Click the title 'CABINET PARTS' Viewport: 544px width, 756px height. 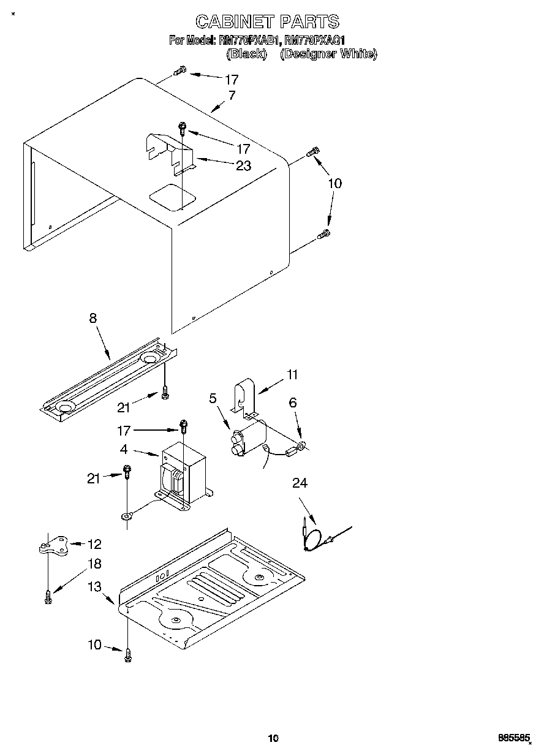click(x=267, y=22)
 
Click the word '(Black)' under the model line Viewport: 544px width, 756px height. click(x=246, y=54)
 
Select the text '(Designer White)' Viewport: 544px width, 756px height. click(x=328, y=54)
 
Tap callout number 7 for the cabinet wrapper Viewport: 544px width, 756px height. click(x=232, y=95)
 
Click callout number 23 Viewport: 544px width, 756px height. click(x=243, y=166)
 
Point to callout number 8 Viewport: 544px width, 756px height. click(x=93, y=318)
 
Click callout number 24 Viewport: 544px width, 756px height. click(x=300, y=483)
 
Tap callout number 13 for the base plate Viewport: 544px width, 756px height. click(x=94, y=586)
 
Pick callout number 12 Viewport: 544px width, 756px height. click(x=94, y=544)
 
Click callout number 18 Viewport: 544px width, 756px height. click(x=94, y=564)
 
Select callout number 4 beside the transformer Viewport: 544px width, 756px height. click(x=124, y=449)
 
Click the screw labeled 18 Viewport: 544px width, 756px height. click(x=48, y=595)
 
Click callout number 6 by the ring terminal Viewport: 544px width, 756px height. click(x=292, y=403)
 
